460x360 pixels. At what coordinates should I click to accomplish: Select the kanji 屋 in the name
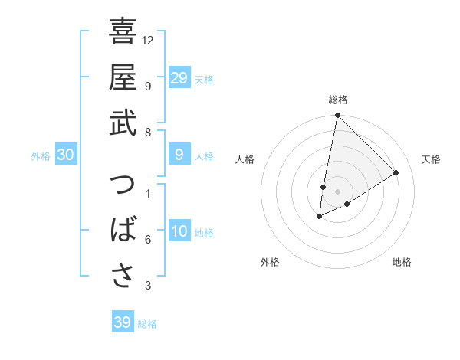pos(123,77)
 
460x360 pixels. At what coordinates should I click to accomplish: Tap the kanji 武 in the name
pos(123,123)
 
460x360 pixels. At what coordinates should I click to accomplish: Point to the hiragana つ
pos(123,186)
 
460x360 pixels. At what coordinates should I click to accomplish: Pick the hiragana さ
pos(123,277)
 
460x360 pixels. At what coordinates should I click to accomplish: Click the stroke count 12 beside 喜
pos(148,39)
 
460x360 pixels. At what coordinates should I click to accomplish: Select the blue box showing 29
pos(179,78)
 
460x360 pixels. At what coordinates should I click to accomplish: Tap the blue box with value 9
pos(179,155)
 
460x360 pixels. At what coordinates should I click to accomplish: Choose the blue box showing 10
pos(179,232)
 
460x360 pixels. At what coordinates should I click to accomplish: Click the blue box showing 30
pos(65,155)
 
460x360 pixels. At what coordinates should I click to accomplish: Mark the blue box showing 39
pos(122,322)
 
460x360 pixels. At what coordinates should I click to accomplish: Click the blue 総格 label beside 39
pos(147,324)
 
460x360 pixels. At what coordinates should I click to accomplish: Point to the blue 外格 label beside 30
pos(41,156)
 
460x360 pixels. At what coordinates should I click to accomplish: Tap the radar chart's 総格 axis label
pos(338,100)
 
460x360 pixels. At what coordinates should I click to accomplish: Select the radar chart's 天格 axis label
pos(431,159)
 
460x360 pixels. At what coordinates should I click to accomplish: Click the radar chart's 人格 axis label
pos(245,159)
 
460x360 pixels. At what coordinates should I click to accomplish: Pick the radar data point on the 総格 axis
pos(337,116)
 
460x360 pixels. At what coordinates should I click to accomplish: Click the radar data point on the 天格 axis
pos(396,172)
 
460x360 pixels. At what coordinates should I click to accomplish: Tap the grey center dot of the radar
pos(337,191)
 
